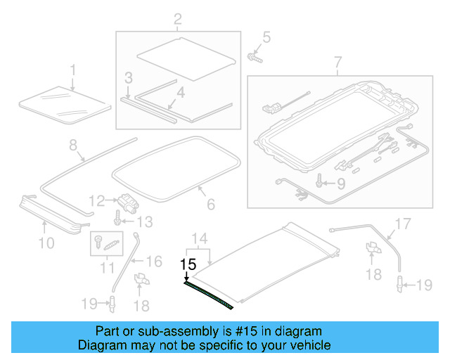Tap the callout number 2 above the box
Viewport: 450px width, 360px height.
pyautogui.click(x=176, y=18)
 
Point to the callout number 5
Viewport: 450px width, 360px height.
pyautogui.click(x=266, y=37)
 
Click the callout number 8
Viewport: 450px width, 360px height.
pyautogui.click(x=72, y=146)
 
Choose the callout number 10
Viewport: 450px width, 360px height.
pyautogui.click(x=46, y=243)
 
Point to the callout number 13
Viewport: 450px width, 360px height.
pyautogui.click(x=143, y=222)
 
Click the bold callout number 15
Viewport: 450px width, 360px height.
pyautogui.click(x=188, y=265)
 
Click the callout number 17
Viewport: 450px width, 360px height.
pyautogui.click(x=401, y=225)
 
